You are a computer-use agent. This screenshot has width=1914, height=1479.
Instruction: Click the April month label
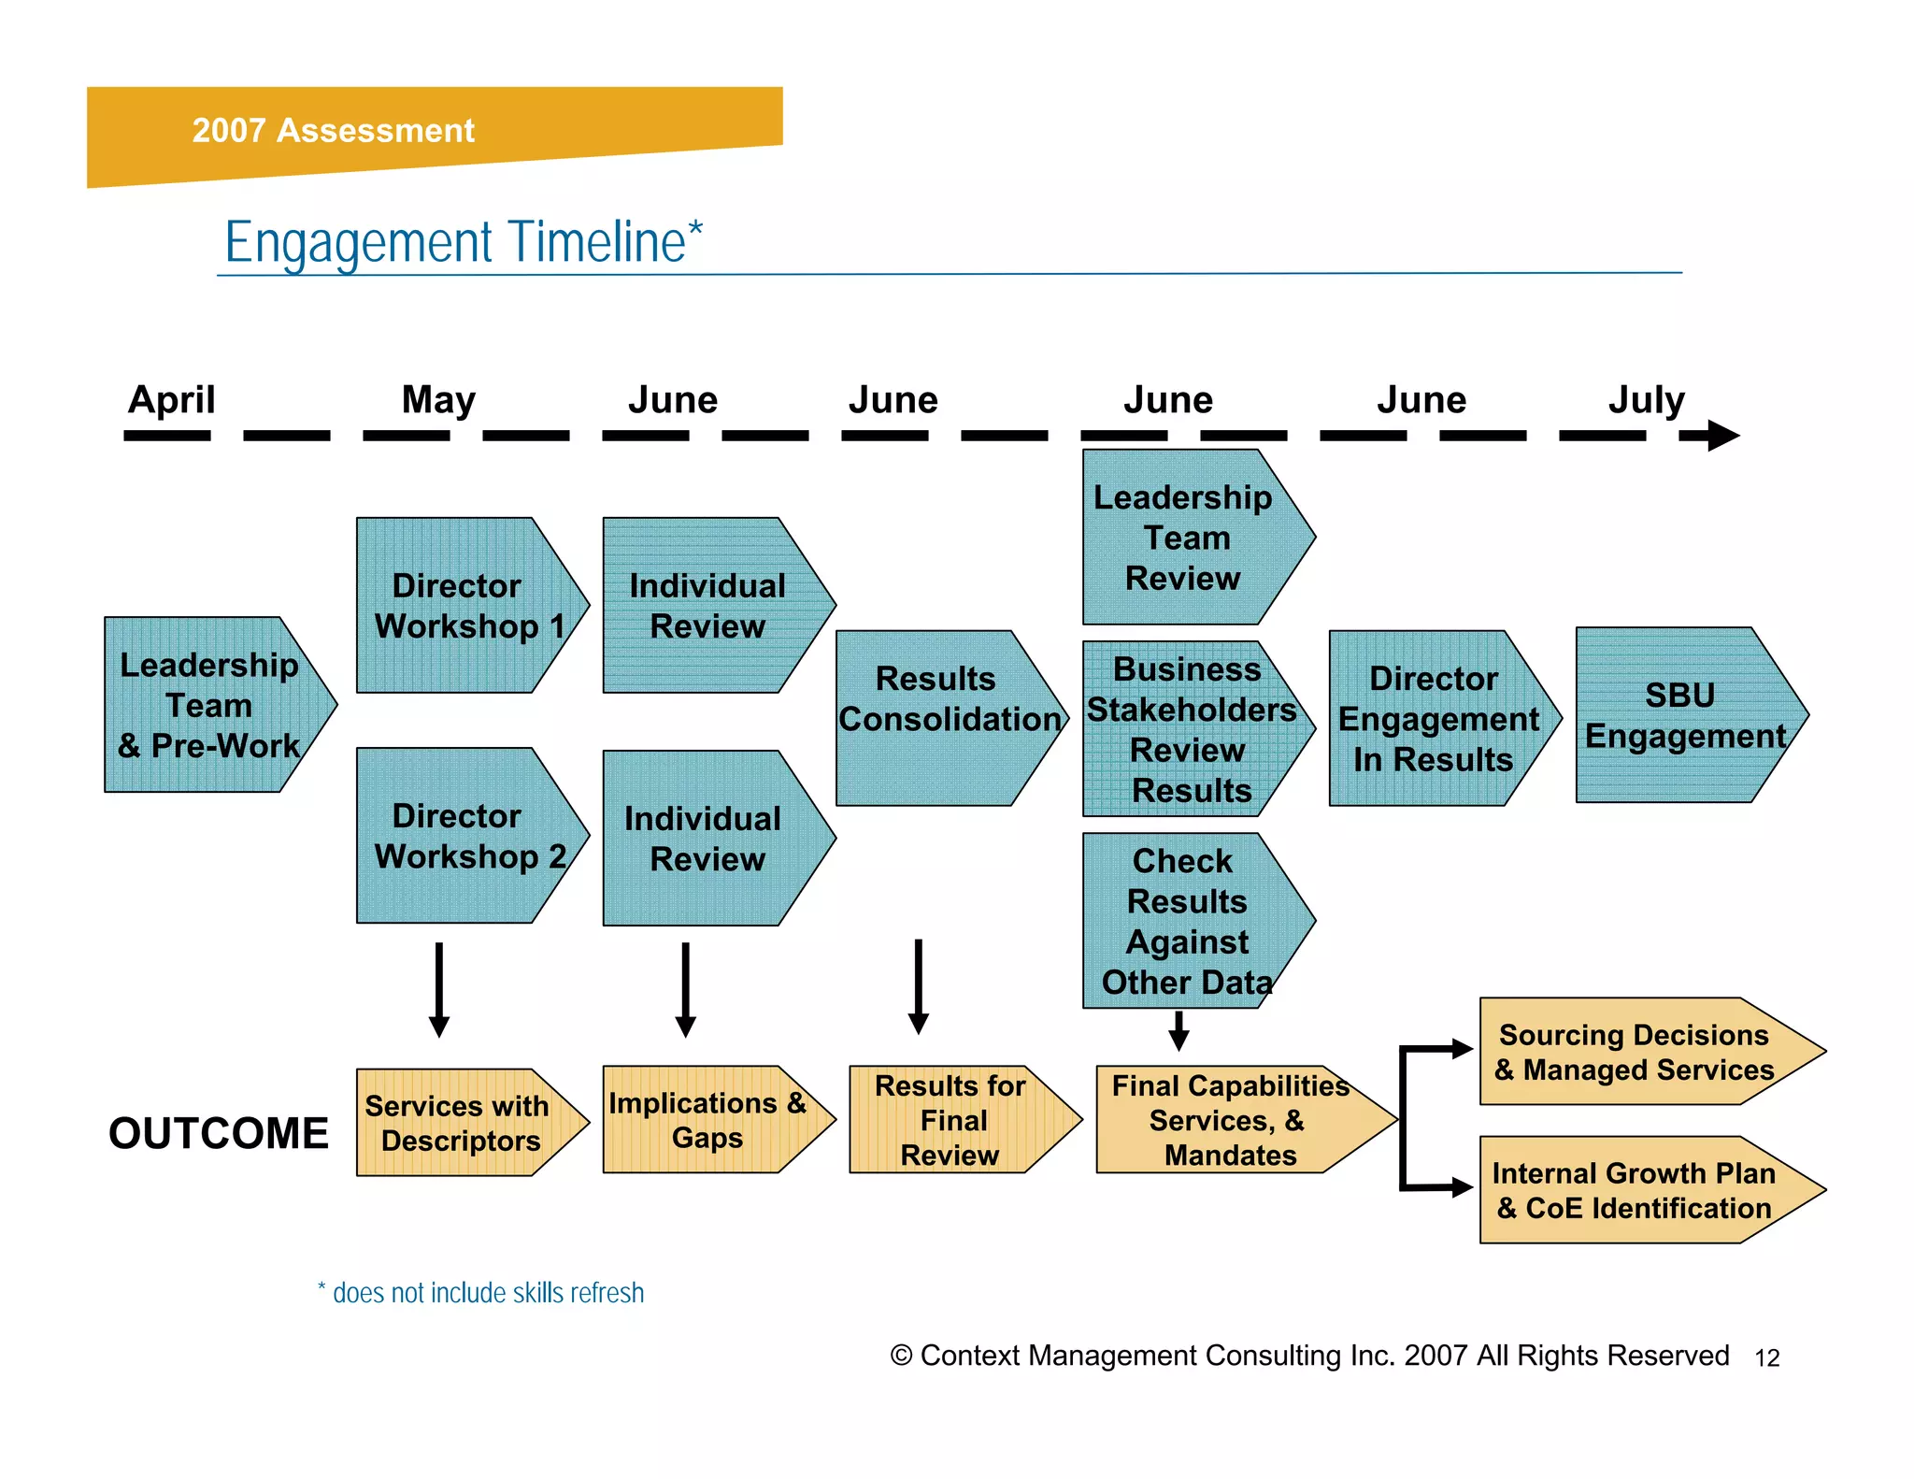click(171, 400)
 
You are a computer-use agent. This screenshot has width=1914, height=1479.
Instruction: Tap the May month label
click(438, 400)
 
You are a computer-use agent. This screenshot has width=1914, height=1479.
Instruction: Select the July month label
click(1646, 400)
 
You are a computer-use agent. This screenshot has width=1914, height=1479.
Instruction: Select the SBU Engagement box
click(1682, 715)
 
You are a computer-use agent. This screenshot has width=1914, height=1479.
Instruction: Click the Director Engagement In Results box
click(1435, 718)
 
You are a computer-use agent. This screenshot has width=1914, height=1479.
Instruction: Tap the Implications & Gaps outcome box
click(707, 1120)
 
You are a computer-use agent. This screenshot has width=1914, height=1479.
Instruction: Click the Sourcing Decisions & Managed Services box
click(1635, 1052)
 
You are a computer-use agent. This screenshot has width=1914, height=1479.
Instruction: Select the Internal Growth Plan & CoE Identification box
click(1635, 1190)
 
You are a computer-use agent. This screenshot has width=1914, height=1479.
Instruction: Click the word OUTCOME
click(219, 1133)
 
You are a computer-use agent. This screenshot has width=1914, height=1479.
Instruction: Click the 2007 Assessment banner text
click(333, 130)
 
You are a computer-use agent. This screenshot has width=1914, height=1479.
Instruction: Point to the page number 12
click(1766, 1358)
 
